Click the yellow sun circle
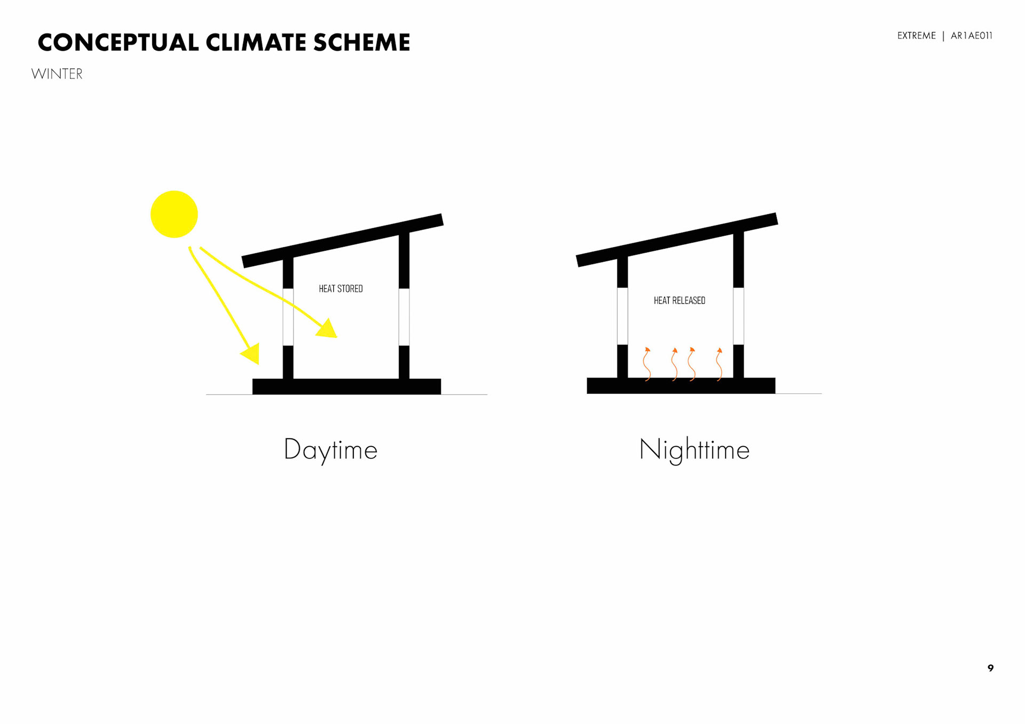pos(174,214)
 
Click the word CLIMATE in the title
pos(255,43)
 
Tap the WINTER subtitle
pos(57,74)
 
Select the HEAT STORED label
pos(341,289)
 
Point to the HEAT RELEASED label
pos(679,301)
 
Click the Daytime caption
pos(330,450)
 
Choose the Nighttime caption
pos(694,450)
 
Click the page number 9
pos(990,668)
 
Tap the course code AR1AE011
pos(971,36)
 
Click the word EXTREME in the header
pos(916,36)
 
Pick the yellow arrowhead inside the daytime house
pos(327,329)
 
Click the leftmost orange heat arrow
pos(646,364)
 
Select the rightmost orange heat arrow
pos(719,364)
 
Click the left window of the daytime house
pos(288,317)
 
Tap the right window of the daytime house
pos(404,317)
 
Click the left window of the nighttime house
pos(622,316)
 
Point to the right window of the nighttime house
pos(738,316)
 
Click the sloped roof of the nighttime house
pos(677,240)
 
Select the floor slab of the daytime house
pos(346,386)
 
